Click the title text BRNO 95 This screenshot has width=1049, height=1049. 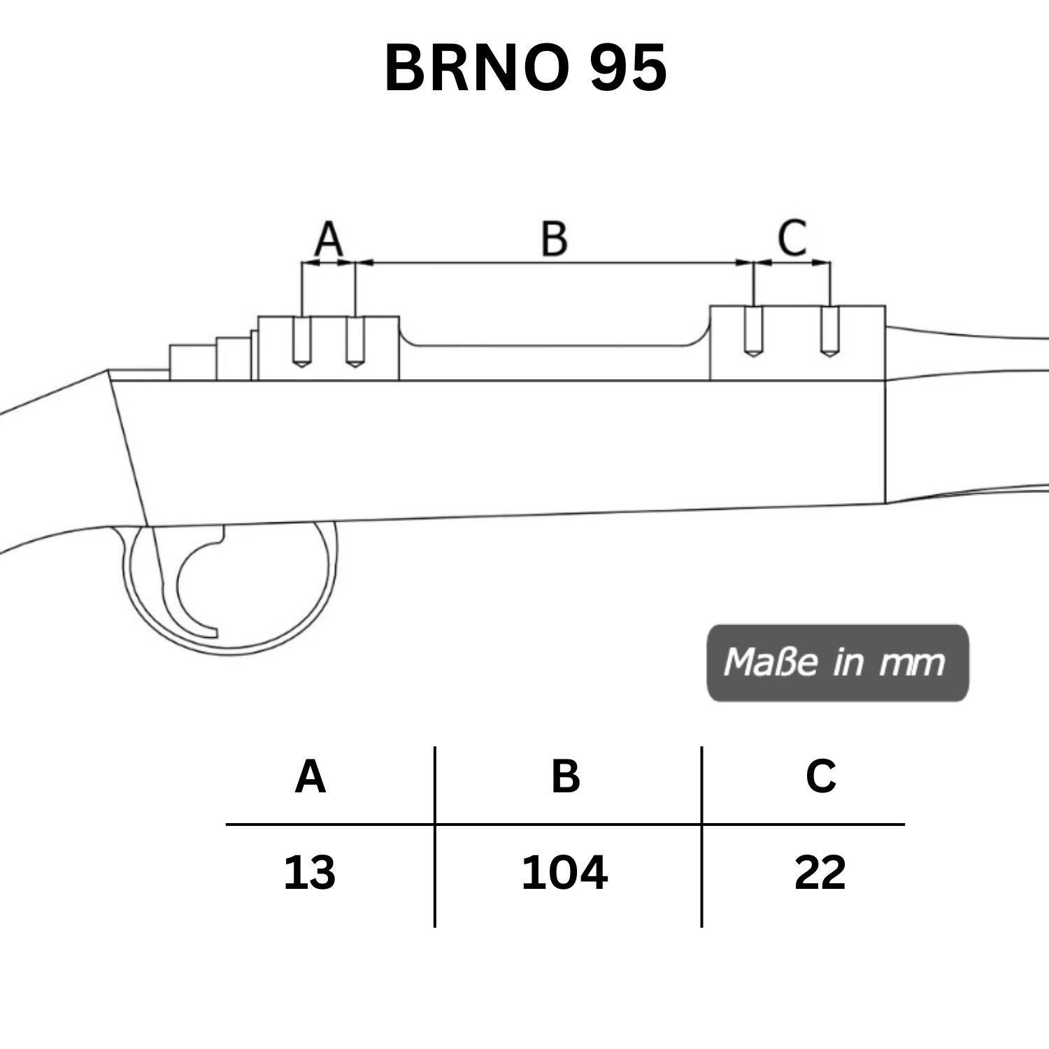tap(525, 68)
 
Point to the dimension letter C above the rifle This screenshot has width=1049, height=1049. tap(792, 238)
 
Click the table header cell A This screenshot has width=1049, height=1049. tap(310, 776)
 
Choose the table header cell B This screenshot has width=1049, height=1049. tap(566, 776)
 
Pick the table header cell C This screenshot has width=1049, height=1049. tap(820, 776)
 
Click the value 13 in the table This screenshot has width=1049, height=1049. tap(309, 873)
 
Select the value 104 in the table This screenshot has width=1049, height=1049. tap(564, 873)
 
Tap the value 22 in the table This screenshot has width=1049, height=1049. tap(820, 873)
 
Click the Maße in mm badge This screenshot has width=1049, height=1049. tap(838, 662)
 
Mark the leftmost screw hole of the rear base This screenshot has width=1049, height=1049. tap(301, 342)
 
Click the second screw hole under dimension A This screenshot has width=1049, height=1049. tap(355, 342)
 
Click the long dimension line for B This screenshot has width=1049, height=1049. tap(554, 263)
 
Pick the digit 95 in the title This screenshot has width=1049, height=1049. tap(627, 68)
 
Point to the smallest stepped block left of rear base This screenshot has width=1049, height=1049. tap(193, 362)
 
